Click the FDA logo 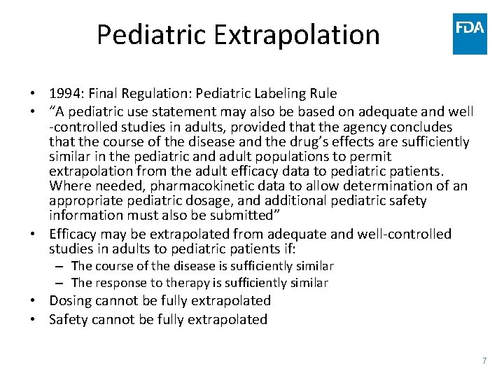tap(470, 34)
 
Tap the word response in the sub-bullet tap(118, 283)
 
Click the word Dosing tap(72, 301)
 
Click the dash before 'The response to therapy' tap(62, 283)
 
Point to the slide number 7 tap(484, 361)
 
